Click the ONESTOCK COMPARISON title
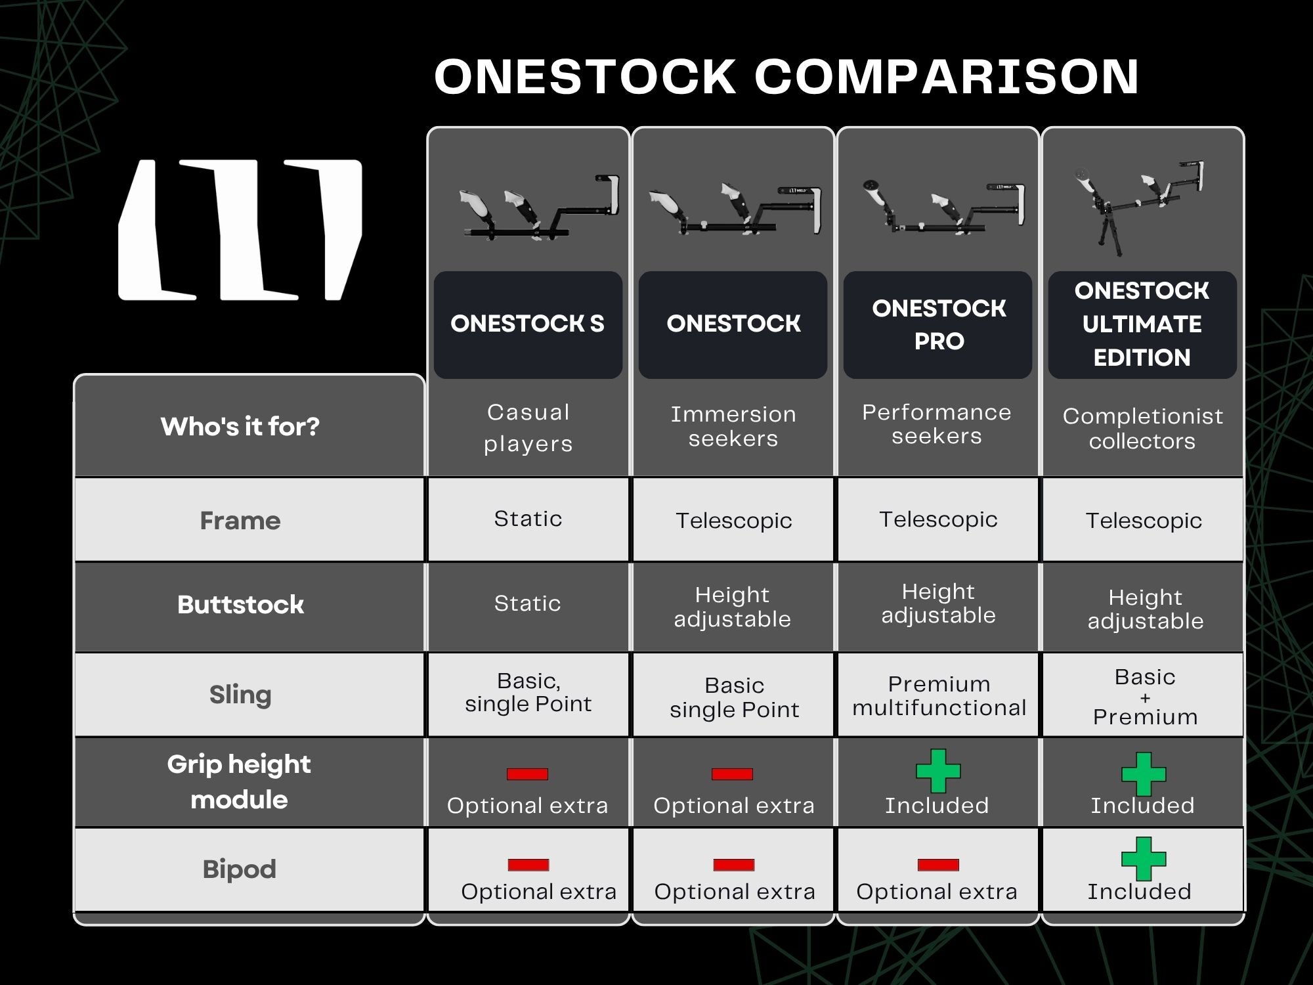point(786,76)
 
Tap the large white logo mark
point(240,230)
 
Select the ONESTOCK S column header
point(528,324)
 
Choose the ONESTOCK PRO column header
point(939,324)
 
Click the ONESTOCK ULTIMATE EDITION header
point(1142,324)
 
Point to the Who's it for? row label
point(240,427)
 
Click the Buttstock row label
point(240,605)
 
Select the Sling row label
point(240,695)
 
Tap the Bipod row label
point(240,869)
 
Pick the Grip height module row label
point(239,781)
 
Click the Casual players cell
point(528,427)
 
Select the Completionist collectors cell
point(1142,428)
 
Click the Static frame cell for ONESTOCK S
point(528,519)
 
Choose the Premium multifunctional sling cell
point(939,695)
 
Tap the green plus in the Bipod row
point(1144,858)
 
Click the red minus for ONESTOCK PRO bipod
point(938,865)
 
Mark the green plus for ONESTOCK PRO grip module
point(938,771)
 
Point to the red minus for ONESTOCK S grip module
point(527,774)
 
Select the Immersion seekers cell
point(733,426)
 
